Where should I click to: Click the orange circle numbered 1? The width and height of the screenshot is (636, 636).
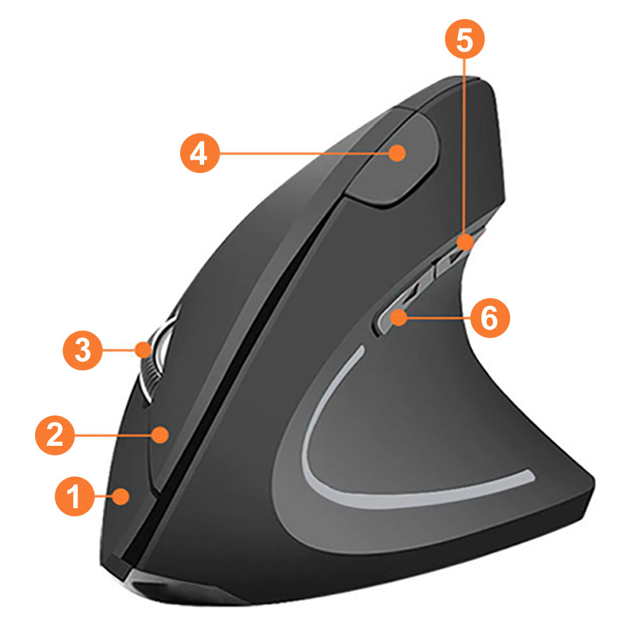pyautogui.click(x=74, y=495)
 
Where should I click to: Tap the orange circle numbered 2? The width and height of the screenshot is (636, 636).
pyautogui.click(x=55, y=435)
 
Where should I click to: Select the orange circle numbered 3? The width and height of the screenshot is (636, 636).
pyautogui.click(x=83, y=350)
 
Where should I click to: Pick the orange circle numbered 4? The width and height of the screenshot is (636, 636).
pyautogui.click(x=200, y=153)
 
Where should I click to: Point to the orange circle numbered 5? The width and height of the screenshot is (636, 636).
pyautogui.click(x=465, y=39)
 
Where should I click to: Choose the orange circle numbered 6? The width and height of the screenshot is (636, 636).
pyautogui.click(x=490, y=317)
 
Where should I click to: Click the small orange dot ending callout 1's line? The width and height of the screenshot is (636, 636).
pyautogui.click(x=121, y=497)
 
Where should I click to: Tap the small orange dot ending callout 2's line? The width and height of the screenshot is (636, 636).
pyautogui.click(x=161, y=435)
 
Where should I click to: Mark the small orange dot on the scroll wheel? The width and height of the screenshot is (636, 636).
pyautogui.click(x=143, y=350)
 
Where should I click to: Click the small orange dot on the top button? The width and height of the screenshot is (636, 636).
pyautogui.click(x=397, y=153)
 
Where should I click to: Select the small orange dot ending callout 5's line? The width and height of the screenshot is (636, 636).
pyautogui.click(x=466, y=242)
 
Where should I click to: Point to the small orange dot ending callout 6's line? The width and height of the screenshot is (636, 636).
pyautogui.click(x=399, y=317)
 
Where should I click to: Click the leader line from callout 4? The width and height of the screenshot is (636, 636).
pyautogui.click(x=304, y=153)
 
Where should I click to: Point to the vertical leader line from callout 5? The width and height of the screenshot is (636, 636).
pyautogui.click(x=466, y=146)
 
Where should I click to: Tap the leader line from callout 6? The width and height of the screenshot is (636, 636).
pyautogui.click(x=439, y=317)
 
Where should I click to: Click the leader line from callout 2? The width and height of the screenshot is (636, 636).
pyautogui.click(x=114, y=435)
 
